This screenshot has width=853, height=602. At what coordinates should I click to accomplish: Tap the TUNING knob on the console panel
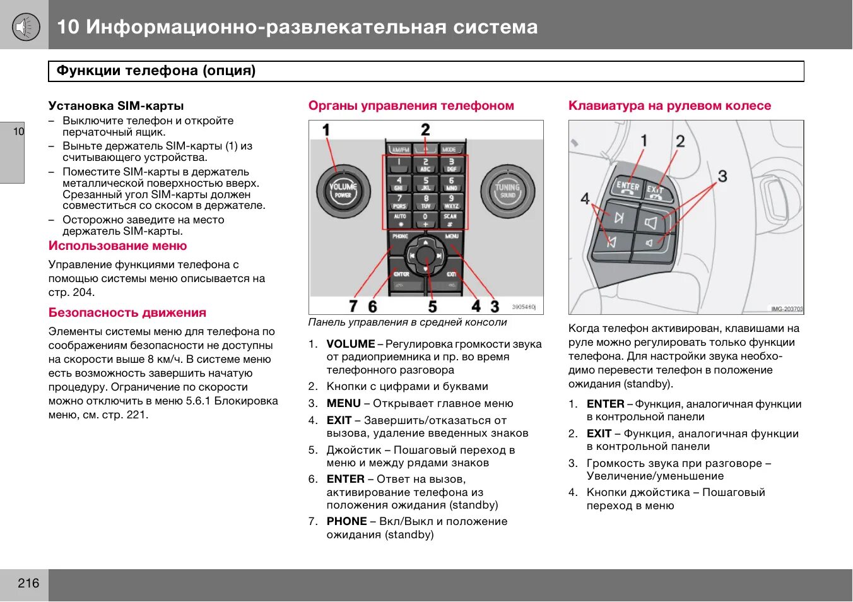[x=507, y=191]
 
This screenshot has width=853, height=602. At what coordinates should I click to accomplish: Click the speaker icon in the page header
[x=25, y=27]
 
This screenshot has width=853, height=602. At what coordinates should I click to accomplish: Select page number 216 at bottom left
[x=28, y=583]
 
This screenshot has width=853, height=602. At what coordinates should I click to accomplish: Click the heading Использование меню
[x=118, y=246]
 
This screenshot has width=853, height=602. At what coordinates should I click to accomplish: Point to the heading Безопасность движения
[x=127, y=313]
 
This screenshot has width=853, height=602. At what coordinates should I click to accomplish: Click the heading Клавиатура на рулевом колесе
[x=669, y=106]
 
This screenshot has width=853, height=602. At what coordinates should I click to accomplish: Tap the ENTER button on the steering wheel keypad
[x=627, y=187]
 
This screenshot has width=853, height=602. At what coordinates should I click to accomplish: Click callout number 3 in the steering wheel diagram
[x=722, y=176]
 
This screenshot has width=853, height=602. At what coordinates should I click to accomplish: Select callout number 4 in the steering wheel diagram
[x=585, y=199]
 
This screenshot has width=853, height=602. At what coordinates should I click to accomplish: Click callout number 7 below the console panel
[x=353, y=306]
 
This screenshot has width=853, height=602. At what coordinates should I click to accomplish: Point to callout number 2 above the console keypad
[x=425, y=130]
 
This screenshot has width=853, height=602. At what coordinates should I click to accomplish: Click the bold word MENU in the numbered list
[x=344, y=403]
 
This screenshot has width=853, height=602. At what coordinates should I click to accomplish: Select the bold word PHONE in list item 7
[x=346, y=521]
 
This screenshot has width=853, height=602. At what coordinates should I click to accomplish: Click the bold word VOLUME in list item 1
[x=351, y=344]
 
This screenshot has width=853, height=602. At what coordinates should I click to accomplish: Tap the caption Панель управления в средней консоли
[x=408, y=322]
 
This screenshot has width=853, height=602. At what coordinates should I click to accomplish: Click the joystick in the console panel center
[x=426, y=256]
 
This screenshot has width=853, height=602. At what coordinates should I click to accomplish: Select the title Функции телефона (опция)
[x=156, y=71]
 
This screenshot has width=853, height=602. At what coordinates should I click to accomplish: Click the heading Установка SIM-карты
[x=116, y=106]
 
